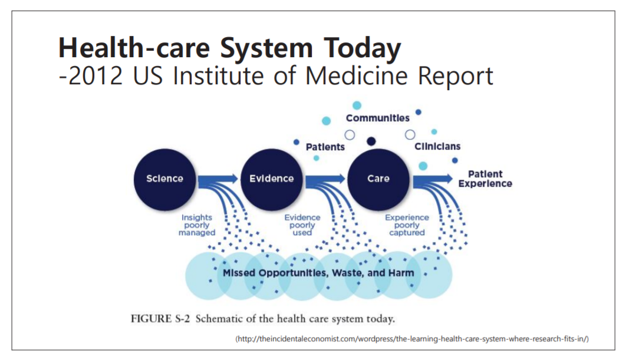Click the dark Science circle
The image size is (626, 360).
click(164, 179)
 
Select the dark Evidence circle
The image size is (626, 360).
click(271, 179)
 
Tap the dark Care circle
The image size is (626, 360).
click(378, 179)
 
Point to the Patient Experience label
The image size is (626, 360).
click(485, 179)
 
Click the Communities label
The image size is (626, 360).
click(377, 118)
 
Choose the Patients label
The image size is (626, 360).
click(325, 147)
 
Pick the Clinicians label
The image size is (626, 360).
click(437, 146)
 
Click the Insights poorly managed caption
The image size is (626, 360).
click(197, 225)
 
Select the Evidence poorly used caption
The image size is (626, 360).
click(302, 225)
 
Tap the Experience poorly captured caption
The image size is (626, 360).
click(407, 225)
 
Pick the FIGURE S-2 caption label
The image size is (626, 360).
click(159, 319)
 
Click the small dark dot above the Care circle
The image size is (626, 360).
click(371, 141)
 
